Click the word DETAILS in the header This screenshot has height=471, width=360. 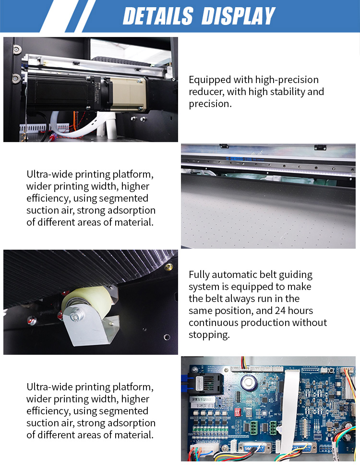(x=158, y=16)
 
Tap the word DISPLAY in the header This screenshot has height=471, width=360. (x=238, y=16)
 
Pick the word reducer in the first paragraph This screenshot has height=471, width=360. (x=206, y=92)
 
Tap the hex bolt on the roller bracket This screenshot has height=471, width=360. (x=74, y=316)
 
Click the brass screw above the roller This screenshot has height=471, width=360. (x=168, y=266)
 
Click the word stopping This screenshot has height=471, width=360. (x=209, y=335)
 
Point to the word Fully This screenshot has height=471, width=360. (x=200, y=275)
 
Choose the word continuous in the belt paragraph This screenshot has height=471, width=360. (x=214, y=323)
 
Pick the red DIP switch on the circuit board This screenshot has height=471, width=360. (x=238, y=411)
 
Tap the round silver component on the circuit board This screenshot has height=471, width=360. (x=248, y=382)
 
